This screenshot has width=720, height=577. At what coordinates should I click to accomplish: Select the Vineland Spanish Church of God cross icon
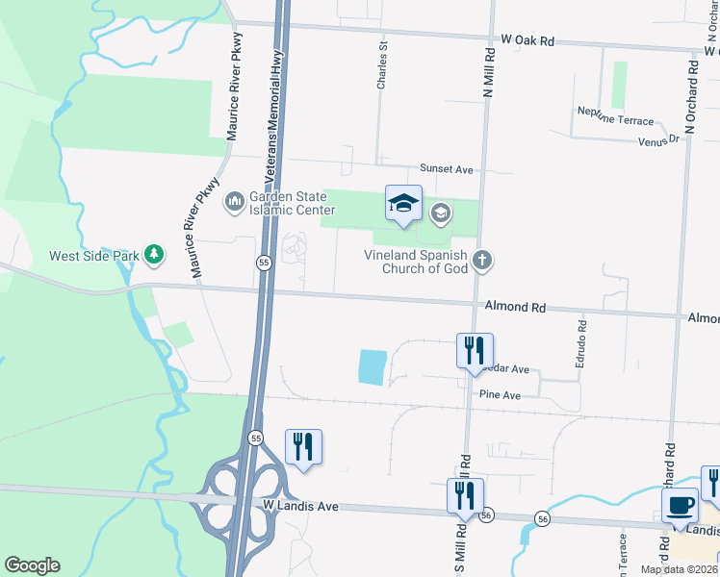482,259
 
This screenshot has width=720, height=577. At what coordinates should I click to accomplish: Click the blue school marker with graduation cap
403,203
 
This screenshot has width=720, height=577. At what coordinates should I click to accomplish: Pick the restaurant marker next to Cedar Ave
474,351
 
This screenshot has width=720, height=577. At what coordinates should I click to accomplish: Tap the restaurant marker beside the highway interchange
303,446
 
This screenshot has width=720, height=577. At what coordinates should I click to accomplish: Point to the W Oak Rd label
528,41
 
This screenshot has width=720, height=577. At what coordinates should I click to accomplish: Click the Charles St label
382,65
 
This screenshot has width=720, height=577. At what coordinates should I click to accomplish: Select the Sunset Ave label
446,169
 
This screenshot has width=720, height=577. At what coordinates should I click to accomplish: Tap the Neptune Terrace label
615,119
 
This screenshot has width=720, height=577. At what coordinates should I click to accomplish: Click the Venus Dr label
658,140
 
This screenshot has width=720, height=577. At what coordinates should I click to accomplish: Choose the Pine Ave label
500,395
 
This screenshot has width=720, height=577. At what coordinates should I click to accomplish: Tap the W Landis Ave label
300,505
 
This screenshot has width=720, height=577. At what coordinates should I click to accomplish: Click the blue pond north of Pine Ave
372,366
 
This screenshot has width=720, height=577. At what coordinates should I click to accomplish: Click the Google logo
32,565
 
